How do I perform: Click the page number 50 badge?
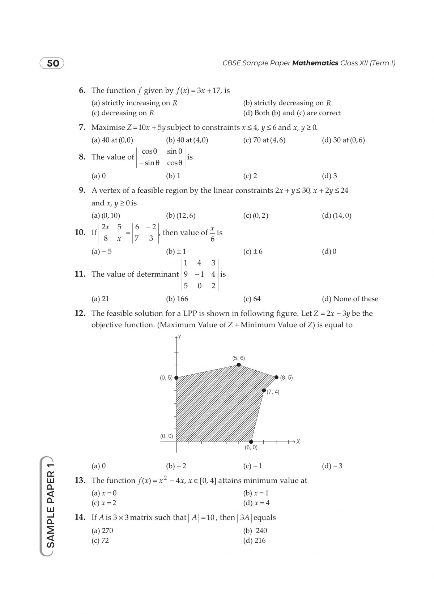tap(52, 63)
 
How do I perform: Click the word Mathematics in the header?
tap(315, 63)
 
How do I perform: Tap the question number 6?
tap(82, 90)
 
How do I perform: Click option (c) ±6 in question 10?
tap(253, 251)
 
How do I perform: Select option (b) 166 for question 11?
tap(177, 299)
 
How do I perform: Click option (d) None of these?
tap(350, 299)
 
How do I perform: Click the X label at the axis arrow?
tap(298, 442)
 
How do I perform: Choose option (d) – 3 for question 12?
tap(332, 466)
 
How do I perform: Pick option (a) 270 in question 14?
tap(102, 531)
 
